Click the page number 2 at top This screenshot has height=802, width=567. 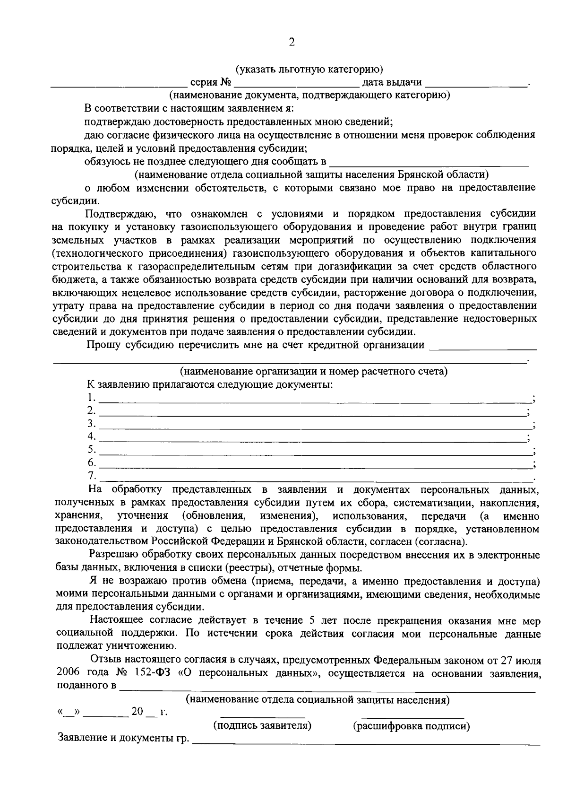coord(292,43)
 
